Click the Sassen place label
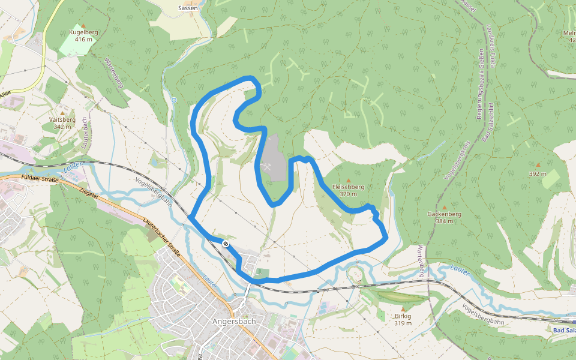(188, 8)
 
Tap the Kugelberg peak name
(83, 32)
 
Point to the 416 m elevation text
(83, 40)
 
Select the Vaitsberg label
(62, 119)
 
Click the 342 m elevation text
(62, 127)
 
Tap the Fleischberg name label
(348, 187)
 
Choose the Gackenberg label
(444, 214)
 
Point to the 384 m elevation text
(444, 221)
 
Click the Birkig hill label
(403, 316)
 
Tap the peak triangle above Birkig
(403, 309)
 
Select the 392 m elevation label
(538, 173)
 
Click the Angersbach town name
(234, 321)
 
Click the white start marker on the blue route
(224, 244)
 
